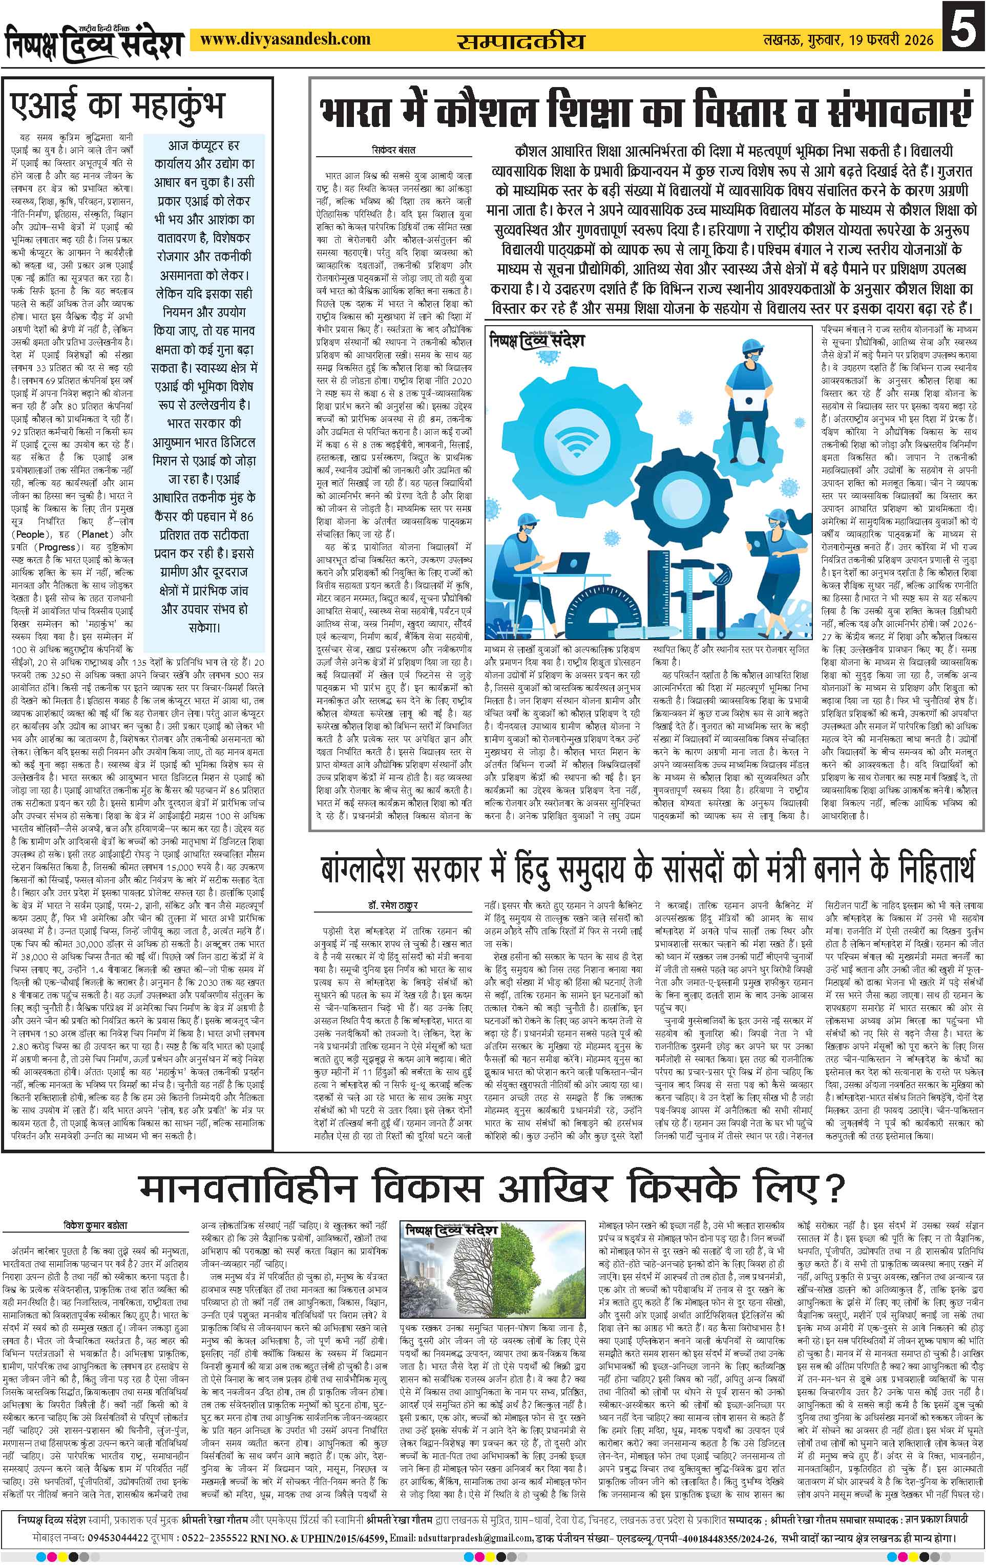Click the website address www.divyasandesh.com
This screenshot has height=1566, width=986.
coord(285,40)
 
